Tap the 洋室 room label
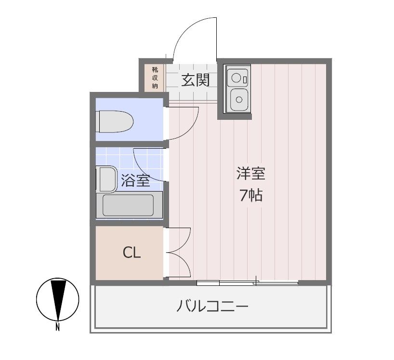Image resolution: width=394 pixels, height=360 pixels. (x=250, y=173)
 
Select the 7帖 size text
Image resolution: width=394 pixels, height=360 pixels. (x=251, y=195)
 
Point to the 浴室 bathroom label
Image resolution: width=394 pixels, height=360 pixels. (x=135, y=181)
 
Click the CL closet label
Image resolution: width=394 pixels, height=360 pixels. (x=131, y=253)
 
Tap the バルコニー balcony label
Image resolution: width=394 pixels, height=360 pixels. (x=212, y=306)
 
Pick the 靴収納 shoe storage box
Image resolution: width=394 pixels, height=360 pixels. (x=155, y=77)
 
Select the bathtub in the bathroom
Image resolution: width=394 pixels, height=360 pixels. (x=128, y=206)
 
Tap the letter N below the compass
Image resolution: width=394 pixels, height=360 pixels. (x=57, y=328)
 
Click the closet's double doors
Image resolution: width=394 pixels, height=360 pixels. (x=179, y=252)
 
